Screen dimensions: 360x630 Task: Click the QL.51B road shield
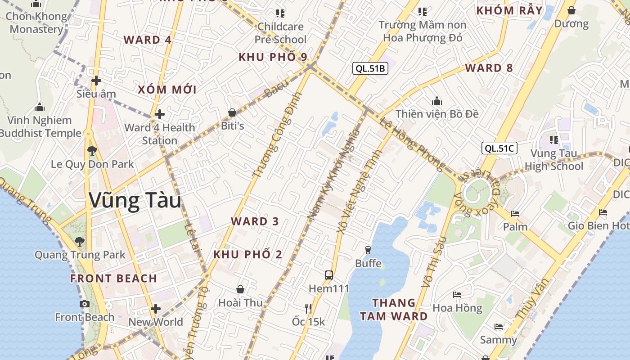pos(370,68)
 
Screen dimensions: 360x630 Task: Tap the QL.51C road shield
pos(499,148)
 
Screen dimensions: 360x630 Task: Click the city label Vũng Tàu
pos(135,201)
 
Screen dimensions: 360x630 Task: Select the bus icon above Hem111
pos(329,275)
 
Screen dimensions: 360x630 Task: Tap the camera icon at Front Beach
pos(84,304)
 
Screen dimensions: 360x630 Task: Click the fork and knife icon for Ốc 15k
pos(308,308)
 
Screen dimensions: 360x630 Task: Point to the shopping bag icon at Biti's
pos(232,112)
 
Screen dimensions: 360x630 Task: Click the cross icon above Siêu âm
pos(96,81)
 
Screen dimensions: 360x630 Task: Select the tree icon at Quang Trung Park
pos(80,242)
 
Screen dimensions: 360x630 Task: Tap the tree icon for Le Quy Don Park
pos(92,151)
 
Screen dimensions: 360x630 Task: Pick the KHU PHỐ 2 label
pos(248,254)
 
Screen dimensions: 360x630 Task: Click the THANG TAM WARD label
pos(394,309)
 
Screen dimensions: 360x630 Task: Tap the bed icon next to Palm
pos(515,213)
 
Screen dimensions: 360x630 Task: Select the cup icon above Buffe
pos(368,250)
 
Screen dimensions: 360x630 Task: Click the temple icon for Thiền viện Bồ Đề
pos(436,101)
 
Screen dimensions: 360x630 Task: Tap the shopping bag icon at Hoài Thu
pos(240,289)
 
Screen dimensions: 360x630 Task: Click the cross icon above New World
pos(156,309)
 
